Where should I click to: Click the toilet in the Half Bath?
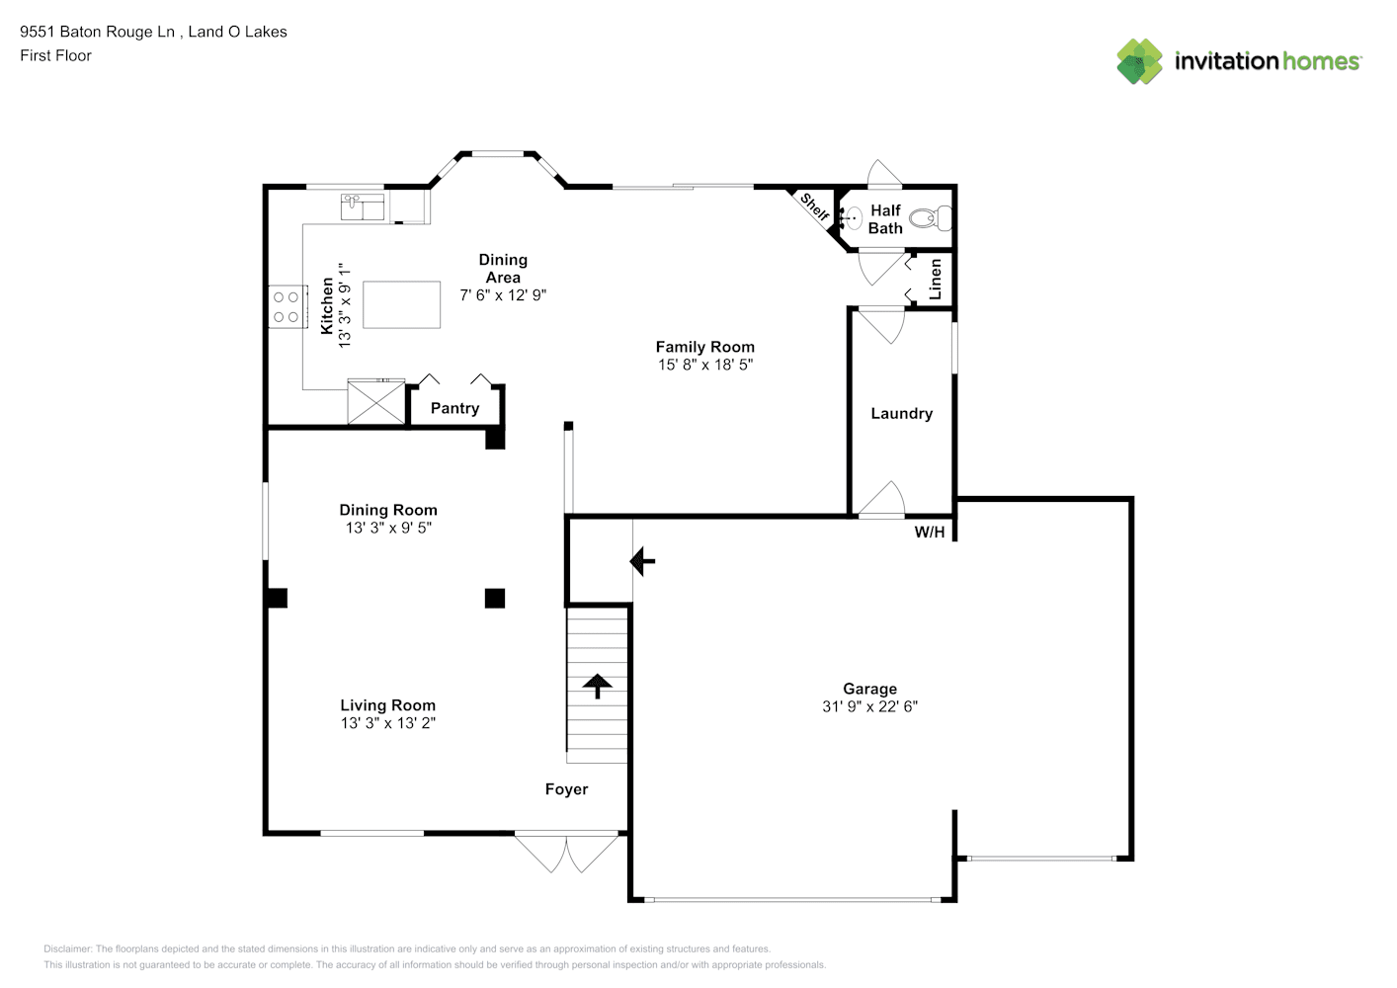931,218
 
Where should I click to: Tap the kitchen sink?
363,207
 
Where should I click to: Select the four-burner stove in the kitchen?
288,307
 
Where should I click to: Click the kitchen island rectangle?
402,304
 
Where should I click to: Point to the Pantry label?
454,409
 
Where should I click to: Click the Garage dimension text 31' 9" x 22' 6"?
870,706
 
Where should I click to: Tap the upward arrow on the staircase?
598,686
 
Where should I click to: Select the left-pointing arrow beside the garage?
642,561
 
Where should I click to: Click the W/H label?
930,533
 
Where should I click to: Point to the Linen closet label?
935,280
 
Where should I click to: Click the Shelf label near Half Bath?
815,207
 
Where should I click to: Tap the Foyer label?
566,789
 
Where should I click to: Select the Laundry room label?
902,414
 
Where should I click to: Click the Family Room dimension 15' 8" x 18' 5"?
705,365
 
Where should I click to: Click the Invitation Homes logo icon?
1139,61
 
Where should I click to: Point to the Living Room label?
388,705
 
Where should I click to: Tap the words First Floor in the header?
55,55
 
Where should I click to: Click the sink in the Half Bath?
852,218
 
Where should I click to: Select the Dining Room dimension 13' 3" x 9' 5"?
388,529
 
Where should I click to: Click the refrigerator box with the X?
376,402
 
